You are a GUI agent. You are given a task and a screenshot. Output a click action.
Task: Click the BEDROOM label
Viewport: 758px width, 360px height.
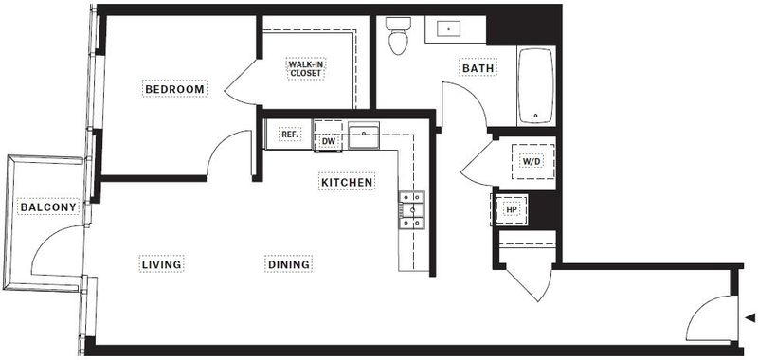175,89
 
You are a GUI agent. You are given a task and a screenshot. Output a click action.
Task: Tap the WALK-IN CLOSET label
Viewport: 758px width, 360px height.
306,68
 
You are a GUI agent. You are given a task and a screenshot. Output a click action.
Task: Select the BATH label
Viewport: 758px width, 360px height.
478,68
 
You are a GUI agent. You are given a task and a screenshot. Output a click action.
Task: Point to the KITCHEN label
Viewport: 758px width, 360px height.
347,182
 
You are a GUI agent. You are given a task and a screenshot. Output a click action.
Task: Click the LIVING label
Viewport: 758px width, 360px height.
161,264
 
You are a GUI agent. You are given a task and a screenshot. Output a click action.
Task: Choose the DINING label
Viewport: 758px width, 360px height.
289,264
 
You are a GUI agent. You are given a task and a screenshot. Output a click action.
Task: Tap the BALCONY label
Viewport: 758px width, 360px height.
48,207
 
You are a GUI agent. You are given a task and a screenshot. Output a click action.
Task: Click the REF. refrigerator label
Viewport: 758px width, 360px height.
290,135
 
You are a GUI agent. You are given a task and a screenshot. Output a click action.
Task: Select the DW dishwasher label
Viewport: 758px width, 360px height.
329,140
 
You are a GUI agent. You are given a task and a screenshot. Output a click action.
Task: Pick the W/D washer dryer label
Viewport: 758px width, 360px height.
532,161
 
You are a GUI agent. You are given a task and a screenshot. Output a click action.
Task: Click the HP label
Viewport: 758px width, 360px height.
511,209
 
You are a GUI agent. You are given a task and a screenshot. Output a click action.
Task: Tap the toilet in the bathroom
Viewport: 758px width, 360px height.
398,35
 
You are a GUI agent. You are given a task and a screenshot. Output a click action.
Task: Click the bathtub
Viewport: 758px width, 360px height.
535,85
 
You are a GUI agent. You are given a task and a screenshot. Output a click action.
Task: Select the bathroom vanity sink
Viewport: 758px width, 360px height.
449,29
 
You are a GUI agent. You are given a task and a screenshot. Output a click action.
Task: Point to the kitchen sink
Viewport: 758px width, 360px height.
364,135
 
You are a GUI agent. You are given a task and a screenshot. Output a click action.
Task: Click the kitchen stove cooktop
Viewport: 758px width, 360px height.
411,209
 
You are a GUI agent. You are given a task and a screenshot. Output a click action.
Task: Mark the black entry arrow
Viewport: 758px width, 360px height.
750,318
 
